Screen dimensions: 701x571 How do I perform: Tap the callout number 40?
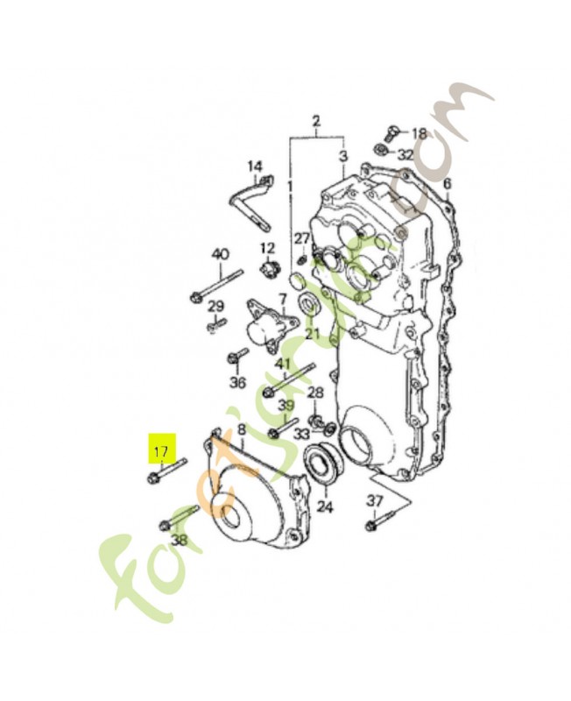tap(220, 255)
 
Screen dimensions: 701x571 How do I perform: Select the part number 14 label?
tap(254, 166)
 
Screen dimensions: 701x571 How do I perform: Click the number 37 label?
tap(375, 499)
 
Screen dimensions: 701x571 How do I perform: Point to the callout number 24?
tap(325, 506)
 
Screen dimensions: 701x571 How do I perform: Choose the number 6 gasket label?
tap(446, 184)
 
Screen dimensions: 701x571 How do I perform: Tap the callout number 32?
tap(405, 154)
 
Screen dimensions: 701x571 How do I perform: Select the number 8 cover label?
tap(242, 429)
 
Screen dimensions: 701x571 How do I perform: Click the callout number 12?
tap(267, 248)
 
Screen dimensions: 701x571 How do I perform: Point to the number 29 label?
tap(215, 306)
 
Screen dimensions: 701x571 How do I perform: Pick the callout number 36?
tap(237, 382)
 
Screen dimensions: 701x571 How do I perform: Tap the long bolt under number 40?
tap(214, 286)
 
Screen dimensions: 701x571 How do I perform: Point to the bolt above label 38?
tap(180, 516)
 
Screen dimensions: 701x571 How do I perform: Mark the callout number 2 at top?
tap(316, 120)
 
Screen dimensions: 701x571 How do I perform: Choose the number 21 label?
tap(313, 334)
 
